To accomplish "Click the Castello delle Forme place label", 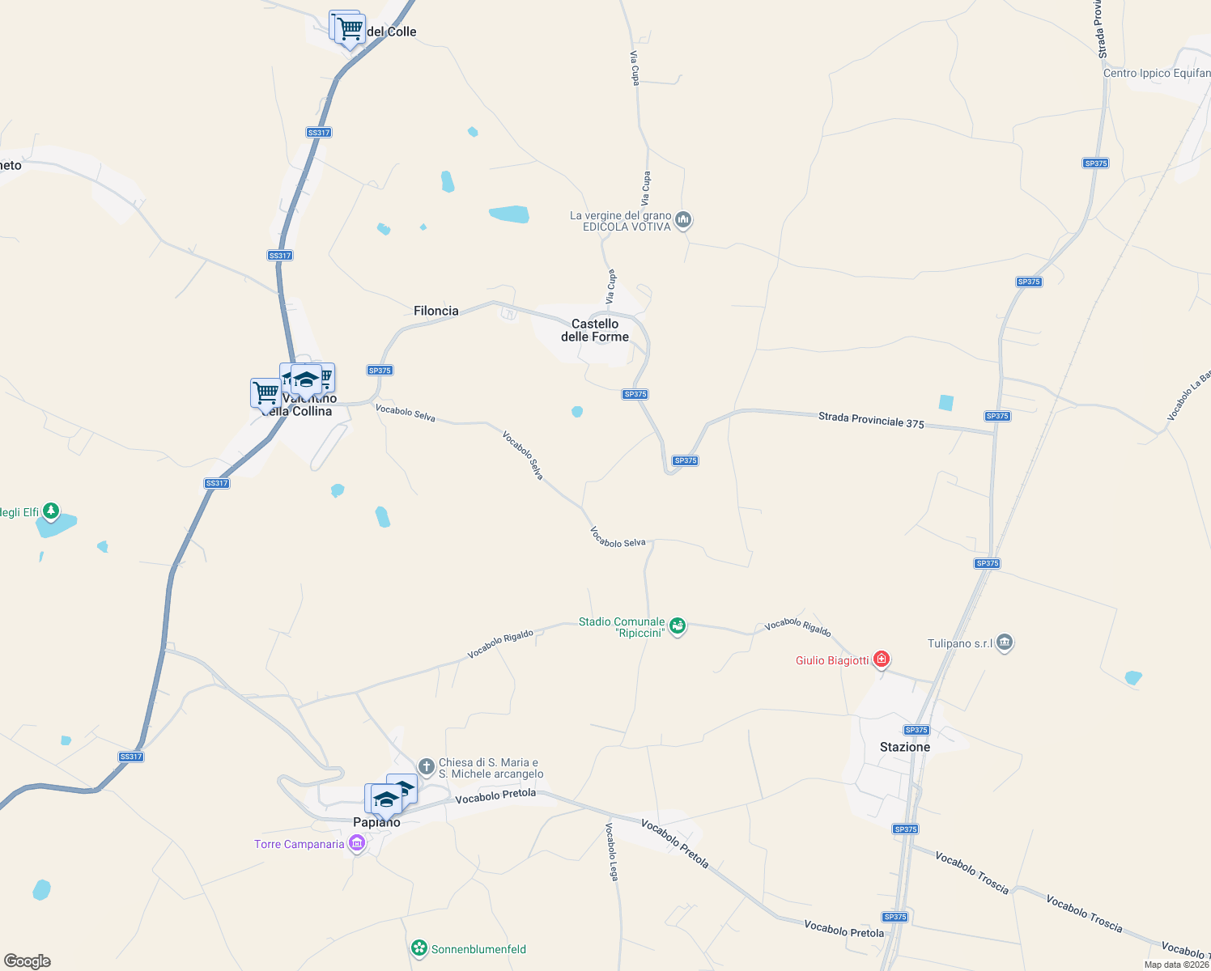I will click(595, 330).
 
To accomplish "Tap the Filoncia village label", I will click(436, 311).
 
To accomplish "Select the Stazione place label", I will click(904, 747).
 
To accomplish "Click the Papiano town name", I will click(376, 822).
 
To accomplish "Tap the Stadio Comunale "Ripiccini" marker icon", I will click(678, 626).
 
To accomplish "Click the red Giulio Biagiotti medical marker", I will click(882, 660).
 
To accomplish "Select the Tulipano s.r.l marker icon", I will click(1005, 643).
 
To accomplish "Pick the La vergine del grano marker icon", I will click(683, 220).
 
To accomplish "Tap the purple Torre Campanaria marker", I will click(356, 844).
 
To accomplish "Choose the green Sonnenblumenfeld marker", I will click(419, 948).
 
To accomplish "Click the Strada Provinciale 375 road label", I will click(871, 419).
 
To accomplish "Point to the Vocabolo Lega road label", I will click(613, 851).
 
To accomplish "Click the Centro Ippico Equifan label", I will click(1156, 73).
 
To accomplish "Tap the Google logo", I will click(28, 961).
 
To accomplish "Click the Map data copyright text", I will click(1175, 965).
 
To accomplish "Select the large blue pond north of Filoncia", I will click(509, 214).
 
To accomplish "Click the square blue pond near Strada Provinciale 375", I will click(945, 402).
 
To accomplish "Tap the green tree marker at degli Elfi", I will click(51, 511).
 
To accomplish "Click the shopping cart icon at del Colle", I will click(350, 29).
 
